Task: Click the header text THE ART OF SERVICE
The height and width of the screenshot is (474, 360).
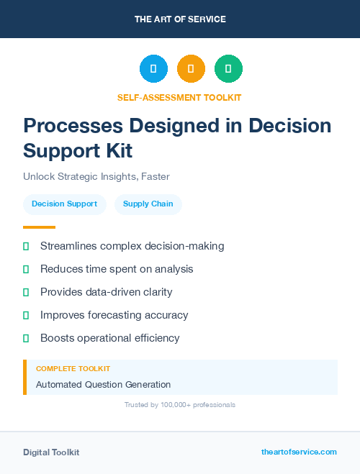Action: pos(180,19)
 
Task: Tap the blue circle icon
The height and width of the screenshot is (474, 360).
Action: pos(153,69)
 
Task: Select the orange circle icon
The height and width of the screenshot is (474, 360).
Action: pos(191,69)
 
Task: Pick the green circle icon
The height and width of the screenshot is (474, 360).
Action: pos(228,69)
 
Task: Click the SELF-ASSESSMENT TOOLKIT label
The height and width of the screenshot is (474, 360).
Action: pos(180,97)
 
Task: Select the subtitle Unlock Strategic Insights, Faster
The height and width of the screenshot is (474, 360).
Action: pos(96,176)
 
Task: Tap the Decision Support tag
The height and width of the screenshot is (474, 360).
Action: pos(64,204)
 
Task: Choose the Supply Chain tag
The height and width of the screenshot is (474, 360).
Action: pos(148,204)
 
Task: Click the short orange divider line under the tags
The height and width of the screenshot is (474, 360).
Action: pos(39,227)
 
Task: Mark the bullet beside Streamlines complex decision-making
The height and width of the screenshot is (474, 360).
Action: pos(26,247)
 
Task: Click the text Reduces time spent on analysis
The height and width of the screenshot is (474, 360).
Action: pos(117,269)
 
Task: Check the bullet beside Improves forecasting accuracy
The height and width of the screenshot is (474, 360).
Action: pos(26,315)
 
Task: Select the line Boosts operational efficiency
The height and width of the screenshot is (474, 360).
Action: pos(109,338)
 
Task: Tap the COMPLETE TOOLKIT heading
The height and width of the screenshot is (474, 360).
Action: pos(68,369)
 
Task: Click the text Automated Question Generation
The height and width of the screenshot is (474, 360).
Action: pos(103,385)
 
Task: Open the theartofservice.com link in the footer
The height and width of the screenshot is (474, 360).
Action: pos(299,452)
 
